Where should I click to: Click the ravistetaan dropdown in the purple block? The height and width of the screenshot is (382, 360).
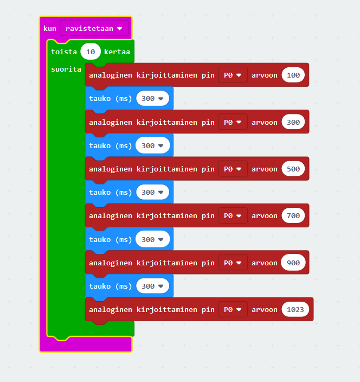pos(94,29)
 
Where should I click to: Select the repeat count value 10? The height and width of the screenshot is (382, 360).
pos(91,52)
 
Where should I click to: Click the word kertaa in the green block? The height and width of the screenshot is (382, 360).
pos(117,52)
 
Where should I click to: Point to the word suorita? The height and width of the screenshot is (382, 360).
pos(66,69)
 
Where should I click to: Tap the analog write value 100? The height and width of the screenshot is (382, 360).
pos(293,75)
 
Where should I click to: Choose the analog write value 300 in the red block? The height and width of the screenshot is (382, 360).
pos(293,122)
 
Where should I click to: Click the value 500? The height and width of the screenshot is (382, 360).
pos(293,169)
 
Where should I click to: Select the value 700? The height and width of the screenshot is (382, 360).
pos(293,215)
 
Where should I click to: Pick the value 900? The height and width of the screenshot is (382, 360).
pos(293,263)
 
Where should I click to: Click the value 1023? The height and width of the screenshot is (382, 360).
pos(295,309)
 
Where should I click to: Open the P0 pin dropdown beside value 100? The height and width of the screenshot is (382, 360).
pos(233,75)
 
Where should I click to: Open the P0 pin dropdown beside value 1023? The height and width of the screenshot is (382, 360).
pos(233,309)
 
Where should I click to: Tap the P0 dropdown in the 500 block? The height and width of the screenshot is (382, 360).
pos(233,169)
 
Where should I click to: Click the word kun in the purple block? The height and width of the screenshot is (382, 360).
pos(50,29)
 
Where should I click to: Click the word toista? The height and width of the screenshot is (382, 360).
pos(64,52)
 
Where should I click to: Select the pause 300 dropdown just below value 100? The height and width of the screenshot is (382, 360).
pos(152,98)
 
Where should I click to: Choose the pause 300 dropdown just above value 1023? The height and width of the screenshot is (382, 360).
pos(152,286)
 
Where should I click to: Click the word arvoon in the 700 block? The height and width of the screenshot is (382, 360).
pos(265,215)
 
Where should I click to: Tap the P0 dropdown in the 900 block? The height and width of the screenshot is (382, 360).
pos(233,263)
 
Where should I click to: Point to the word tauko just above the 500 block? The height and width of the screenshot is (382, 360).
pos(100,145)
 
